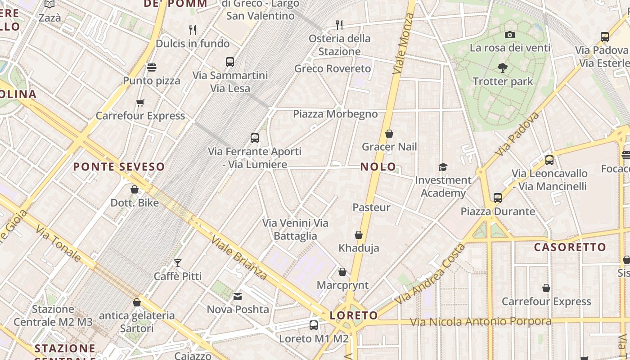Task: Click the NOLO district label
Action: [378, 167]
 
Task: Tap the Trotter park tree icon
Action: [503, 68]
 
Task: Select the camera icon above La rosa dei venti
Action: [509, 35]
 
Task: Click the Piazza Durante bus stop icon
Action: [497, 198]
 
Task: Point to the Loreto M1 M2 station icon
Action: [314, 325]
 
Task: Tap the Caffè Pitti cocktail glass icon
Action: [178, 263]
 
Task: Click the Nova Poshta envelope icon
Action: [238, 296]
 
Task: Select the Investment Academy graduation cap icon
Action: [443, 167]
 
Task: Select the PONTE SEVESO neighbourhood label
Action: [119, 167]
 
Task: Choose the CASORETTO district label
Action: [570, 247]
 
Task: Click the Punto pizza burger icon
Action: [152, 67]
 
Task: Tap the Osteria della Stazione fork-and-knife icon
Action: [339, 25]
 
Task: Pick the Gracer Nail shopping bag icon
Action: [389, 134]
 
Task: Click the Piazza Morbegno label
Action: [335, 114]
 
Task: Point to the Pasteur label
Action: [371, 207]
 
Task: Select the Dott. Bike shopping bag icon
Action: [135, 189]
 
